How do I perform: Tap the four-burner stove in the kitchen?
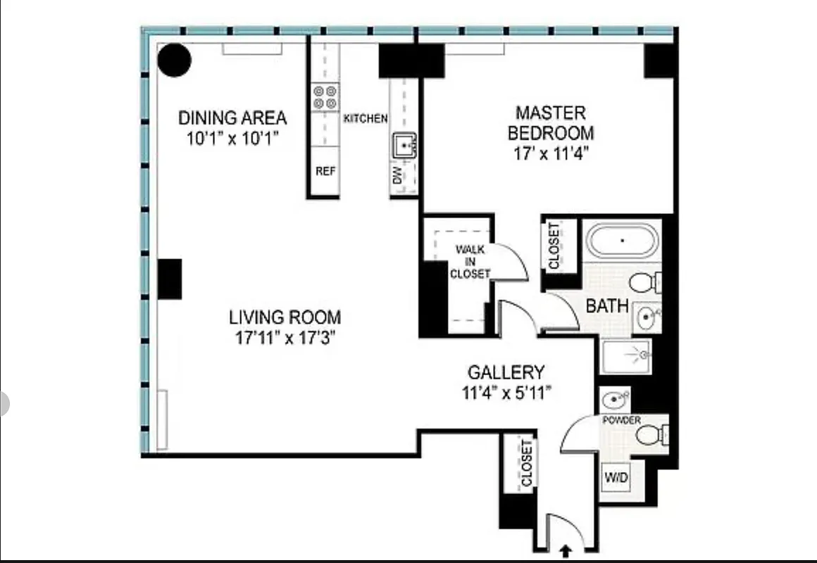325,97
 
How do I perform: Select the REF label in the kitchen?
325,171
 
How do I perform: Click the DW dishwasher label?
398,175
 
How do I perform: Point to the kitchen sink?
404,146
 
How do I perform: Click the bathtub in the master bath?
623,240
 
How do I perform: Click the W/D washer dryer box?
615,478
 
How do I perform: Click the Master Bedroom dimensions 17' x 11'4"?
550,153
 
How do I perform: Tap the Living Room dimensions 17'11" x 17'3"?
285,337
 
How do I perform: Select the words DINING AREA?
232,117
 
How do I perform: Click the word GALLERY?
506,372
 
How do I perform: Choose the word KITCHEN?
365,118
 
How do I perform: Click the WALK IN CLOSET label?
470,262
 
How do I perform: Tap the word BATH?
607,306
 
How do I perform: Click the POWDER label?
621,420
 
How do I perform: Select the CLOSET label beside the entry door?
526,463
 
